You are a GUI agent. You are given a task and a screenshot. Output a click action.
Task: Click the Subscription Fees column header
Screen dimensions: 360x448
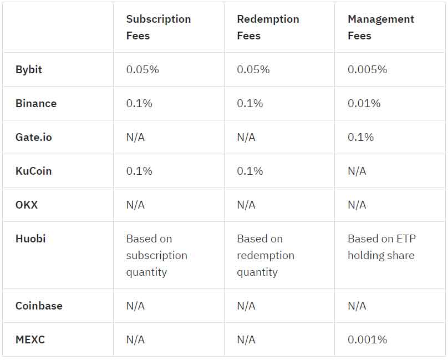pos(158,27)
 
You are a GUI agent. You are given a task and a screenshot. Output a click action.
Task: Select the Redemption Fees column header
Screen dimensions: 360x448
pos(268,27)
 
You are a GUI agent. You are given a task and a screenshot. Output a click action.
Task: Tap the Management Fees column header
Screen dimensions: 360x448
pos(380,27)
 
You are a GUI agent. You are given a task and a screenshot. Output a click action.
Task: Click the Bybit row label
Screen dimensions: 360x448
pos(29,69)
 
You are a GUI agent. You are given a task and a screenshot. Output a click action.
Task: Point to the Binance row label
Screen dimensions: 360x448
pos(36,103)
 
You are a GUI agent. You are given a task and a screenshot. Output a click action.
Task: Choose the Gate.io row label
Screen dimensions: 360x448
pos(34,137)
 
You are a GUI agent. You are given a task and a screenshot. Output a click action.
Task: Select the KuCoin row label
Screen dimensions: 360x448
pos(33,171)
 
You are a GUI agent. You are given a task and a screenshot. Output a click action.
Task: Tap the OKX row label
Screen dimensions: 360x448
pos(27,205)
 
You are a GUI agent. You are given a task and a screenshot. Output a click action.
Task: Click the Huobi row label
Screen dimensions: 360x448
pos(30,239)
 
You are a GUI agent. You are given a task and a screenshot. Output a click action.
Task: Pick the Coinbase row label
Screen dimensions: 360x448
pos(39,306)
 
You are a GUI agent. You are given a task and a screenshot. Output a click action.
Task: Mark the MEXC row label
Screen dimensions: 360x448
pos(30,339)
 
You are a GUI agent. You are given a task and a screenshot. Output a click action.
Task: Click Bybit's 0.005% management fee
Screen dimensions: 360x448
pos(367,69)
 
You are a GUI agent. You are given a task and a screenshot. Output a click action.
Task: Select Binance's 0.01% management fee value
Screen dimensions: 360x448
pos(364,103)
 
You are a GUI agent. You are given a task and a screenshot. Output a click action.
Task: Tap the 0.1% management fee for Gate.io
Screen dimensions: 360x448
pos(360,137)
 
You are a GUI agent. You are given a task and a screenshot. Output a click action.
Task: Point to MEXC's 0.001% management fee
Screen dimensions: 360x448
pos(367,339)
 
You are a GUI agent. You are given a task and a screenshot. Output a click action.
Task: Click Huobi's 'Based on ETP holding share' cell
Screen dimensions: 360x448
pos(381,247)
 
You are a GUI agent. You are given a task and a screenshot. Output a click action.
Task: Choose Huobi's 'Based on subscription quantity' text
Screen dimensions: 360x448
pos(156,255)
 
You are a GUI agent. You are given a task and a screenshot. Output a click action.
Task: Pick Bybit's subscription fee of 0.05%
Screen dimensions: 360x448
pos(142,69)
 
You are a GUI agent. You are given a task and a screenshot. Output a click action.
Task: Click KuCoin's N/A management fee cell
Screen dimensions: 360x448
pos(357,171)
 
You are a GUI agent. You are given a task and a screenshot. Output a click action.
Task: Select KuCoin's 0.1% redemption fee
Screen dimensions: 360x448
pos(250,171)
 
